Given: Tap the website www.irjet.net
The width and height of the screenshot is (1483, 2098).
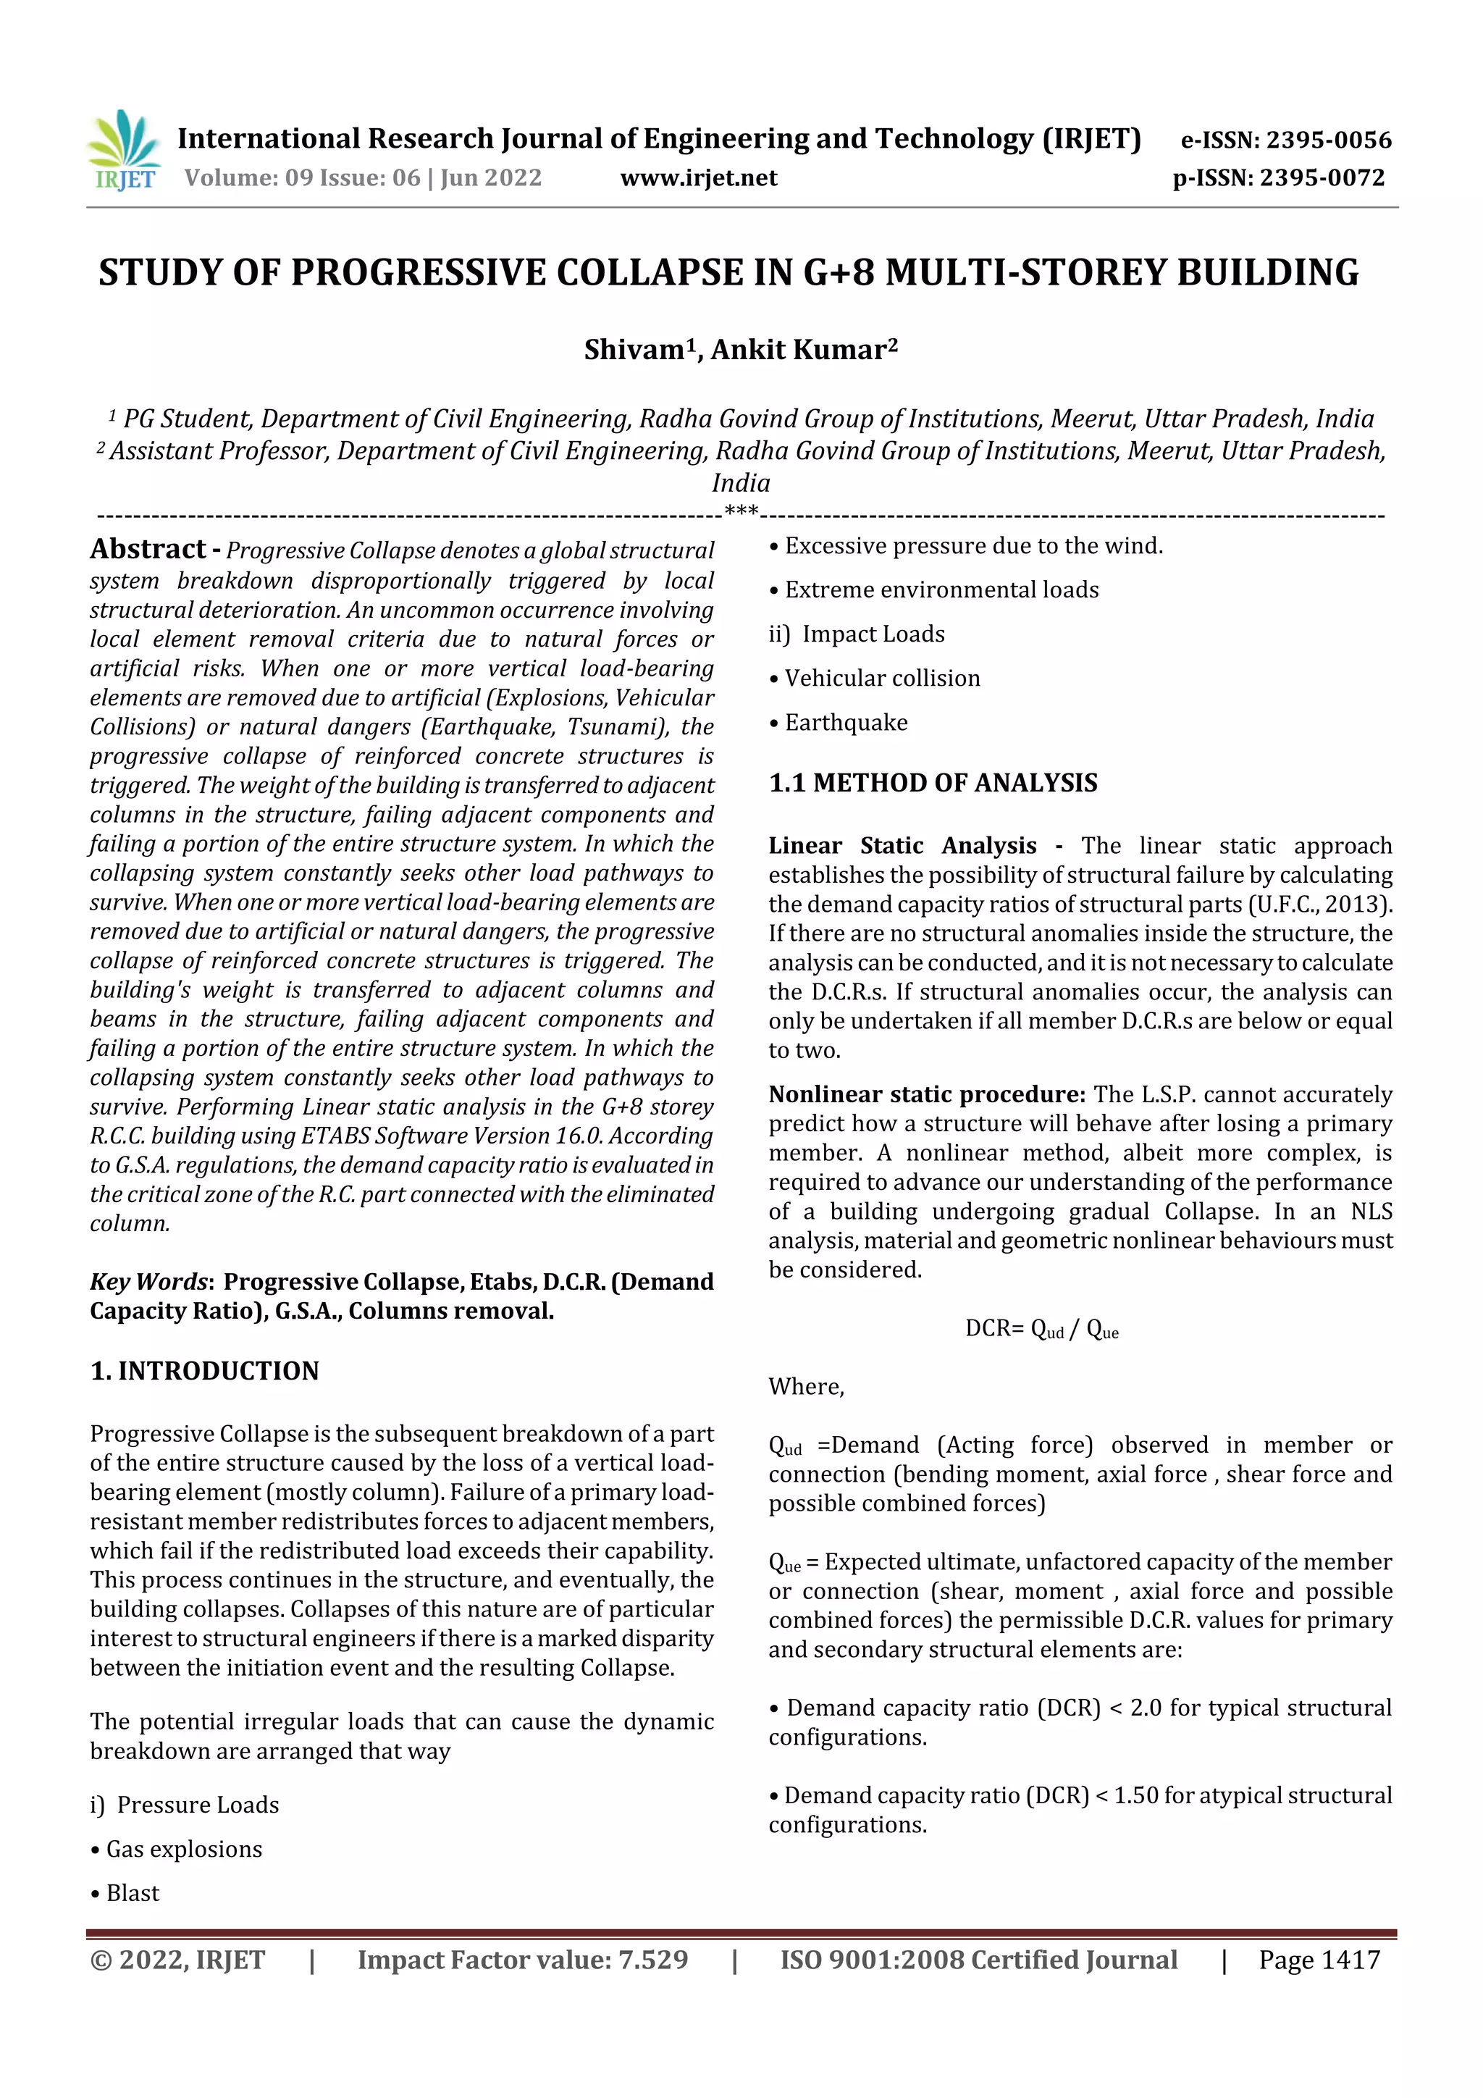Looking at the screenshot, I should (x=698, y=178).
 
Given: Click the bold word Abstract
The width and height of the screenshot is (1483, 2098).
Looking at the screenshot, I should (x=147, y=548).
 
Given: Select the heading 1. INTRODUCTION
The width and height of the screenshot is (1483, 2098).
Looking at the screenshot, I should (x=205, y=1371).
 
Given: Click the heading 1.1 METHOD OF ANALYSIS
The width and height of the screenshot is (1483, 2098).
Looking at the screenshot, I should (x=933, y=783).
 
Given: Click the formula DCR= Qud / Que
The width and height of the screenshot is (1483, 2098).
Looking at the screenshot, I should (x=1042, y=1329).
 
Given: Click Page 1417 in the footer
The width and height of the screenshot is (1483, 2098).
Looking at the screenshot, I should (x=1319, y=1960).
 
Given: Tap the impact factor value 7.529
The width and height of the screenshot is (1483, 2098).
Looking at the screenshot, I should (x=652, y=1960).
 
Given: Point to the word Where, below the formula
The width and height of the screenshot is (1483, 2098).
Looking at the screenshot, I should (x=806, y=1386).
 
